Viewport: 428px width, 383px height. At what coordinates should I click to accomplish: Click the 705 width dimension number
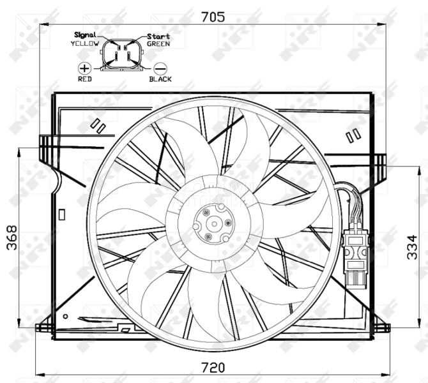[x=213, y=17]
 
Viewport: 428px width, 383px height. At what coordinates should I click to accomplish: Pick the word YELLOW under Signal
[x=85, y=43]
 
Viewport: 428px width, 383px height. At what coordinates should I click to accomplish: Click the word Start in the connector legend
[x=158, y=36]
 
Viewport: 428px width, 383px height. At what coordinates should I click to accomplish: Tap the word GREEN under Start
[x=158, y=44]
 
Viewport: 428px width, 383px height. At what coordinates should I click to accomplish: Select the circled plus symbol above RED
[x=84, y=68]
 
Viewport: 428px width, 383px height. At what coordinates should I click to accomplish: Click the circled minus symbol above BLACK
[x=160, y=68]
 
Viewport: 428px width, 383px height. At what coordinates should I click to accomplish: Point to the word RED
[x=84, y=79]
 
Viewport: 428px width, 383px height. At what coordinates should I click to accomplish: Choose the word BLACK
[x=160, y=79]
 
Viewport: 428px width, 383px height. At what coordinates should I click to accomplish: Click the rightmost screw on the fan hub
[x=228, y=223]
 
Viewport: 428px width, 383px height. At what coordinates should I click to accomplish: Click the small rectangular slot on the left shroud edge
[x=61, y=214]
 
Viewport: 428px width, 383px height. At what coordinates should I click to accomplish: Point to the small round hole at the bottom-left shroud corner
[x=65, y=316]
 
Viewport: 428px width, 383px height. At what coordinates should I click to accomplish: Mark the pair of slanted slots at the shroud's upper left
[x=98, y=124]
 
